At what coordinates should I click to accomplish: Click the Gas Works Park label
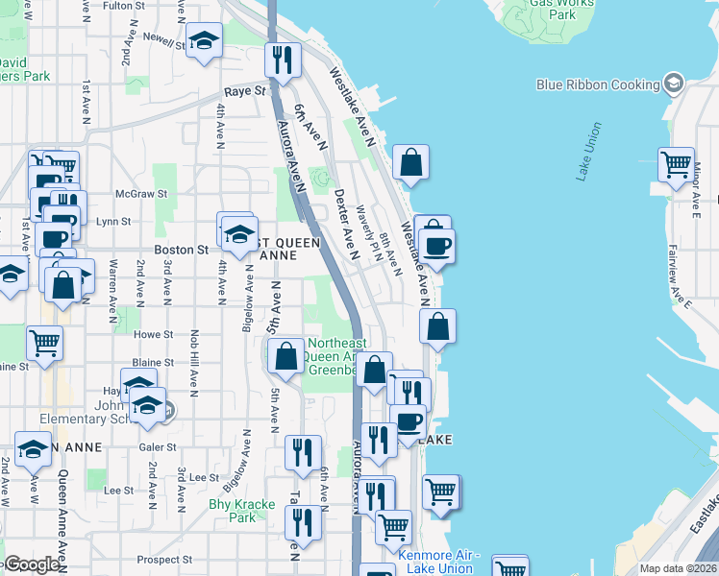point(564,9)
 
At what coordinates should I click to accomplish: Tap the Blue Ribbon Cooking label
point(598,84)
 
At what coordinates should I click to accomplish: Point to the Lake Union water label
point(589,151)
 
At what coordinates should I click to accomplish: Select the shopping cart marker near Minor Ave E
point(676,163)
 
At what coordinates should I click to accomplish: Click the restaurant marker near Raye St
point(283,60)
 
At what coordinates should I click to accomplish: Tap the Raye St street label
point(245,91)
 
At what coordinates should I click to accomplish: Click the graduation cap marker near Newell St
point(203,40)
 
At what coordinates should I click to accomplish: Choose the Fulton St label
point(123,6)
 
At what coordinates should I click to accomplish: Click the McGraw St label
point(135,193)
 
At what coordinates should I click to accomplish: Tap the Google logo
point(32,564)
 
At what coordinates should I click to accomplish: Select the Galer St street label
point(158,447)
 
